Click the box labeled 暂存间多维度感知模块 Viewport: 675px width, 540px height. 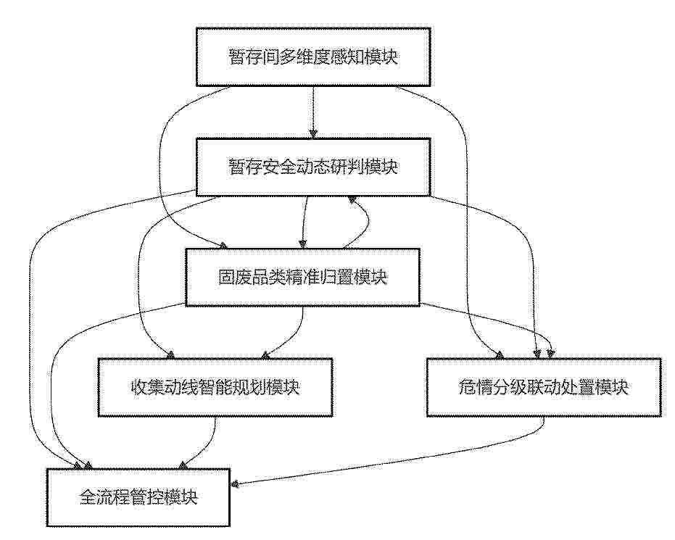click(313, 57)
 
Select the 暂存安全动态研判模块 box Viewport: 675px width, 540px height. click(313, 167)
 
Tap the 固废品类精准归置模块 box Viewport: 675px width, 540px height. click(302, 277)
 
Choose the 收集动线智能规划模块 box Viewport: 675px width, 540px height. click(215, 387)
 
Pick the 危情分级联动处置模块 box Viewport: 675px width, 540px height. click(544, 387)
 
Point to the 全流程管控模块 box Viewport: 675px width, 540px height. click(138, 497)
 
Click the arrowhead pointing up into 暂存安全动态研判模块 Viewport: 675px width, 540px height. click(352, 199)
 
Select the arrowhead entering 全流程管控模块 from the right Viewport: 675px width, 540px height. click(235, 484)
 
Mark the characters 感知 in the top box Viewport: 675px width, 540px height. click(347, 57)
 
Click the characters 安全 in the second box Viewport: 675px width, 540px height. click(279, 167)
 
